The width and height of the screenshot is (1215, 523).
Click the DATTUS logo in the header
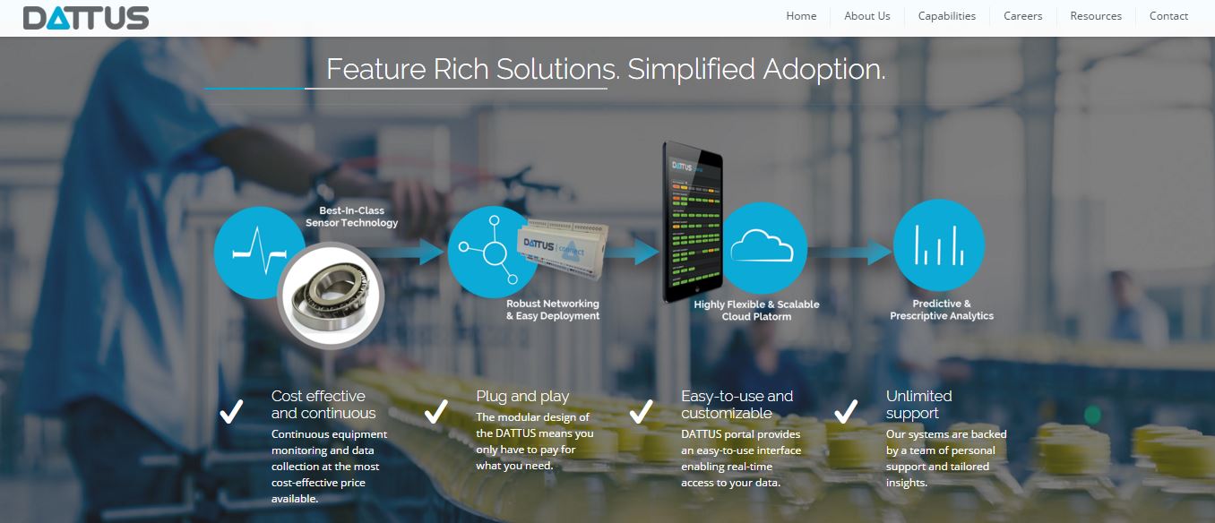pos(86,18)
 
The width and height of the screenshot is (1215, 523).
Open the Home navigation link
pos(801,16)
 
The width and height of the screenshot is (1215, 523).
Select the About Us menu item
pos(866,16)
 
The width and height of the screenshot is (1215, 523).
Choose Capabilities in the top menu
pos(946,16)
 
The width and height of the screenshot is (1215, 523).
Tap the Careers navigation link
pos(1022,16)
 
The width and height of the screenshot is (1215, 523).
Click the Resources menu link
pos(1096,16)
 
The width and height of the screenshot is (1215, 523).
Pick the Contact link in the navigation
pos(1168,16)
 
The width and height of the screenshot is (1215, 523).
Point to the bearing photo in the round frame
pos(331,296)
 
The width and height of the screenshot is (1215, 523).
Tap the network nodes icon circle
pos(488,252)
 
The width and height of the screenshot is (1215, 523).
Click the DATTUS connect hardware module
pos(563,248)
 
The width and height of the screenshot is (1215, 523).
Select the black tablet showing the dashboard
pos(693,222)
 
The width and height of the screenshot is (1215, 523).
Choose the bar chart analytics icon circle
pos(939,245)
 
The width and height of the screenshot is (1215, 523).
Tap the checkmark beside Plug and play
pos(435,412)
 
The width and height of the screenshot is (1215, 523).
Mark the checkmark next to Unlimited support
pos(846,412)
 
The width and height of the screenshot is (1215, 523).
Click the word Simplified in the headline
pos(691,69)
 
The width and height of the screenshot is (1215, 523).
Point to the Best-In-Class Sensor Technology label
pos(351,217)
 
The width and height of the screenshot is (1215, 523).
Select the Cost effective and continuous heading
pos(323,404)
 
